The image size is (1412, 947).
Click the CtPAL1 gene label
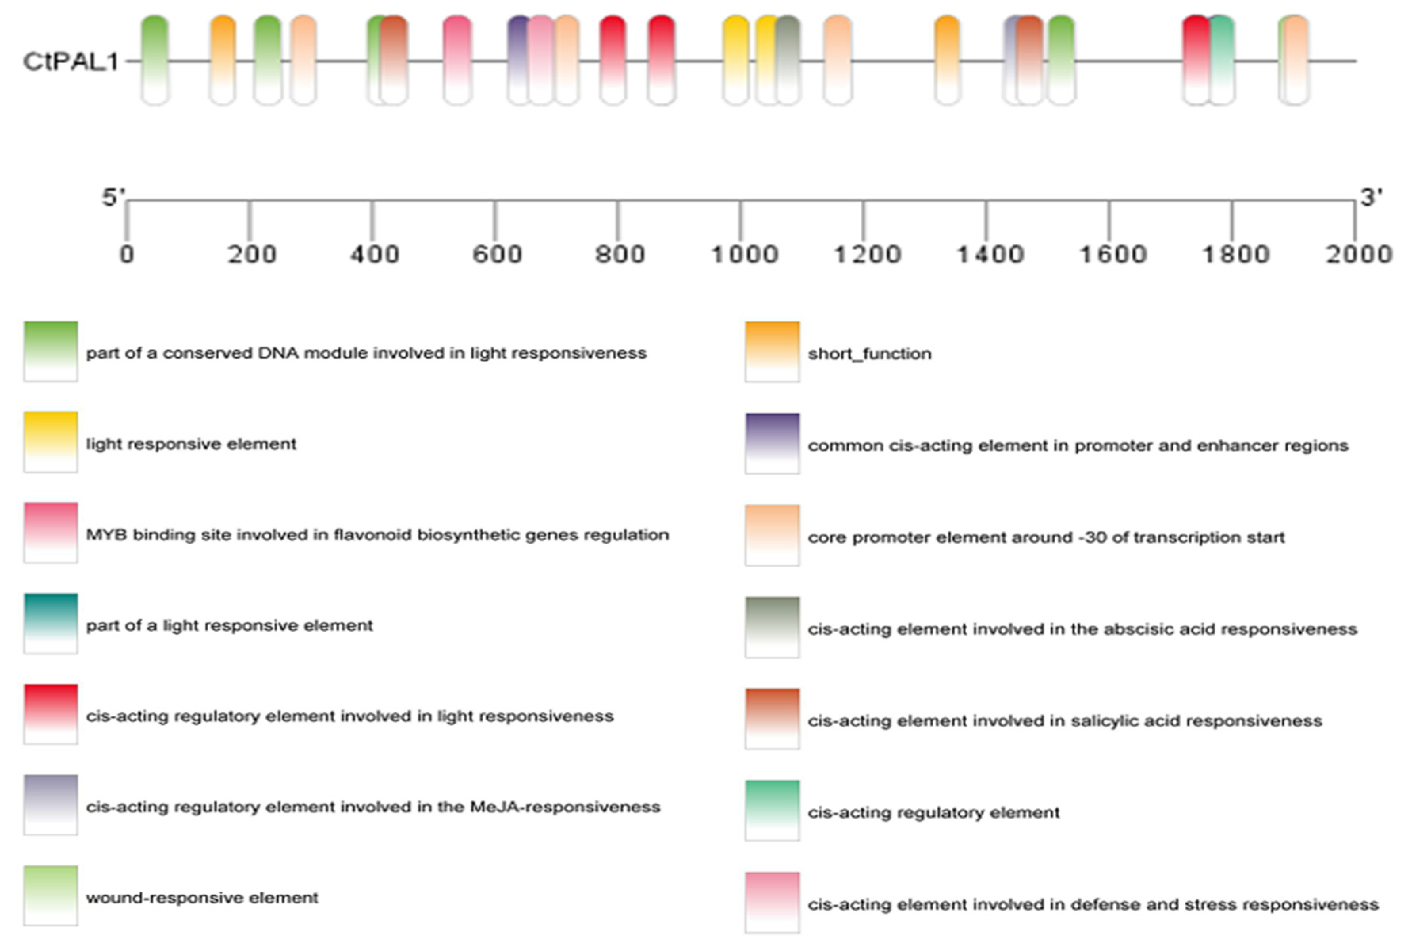[x=70, y=61]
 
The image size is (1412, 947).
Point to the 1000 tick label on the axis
[x=744, y=254]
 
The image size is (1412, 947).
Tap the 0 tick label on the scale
[x=126, y=254]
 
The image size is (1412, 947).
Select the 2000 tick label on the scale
[x=1358, y=254]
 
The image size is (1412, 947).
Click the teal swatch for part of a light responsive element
[x=51, y=623]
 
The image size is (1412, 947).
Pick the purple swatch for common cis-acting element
[x=772, y=443]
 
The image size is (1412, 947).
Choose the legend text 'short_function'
[x=869, y=353]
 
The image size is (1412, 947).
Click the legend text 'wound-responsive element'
[x=202, y=897]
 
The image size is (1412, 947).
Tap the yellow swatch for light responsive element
[x=51, y=441]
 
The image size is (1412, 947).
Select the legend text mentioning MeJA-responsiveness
[x=373, y=807]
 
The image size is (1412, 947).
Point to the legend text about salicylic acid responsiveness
[x=1064, y=720]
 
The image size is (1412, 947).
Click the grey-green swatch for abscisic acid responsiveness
[x=772, y=627]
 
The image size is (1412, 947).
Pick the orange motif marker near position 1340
[x=947, y=60]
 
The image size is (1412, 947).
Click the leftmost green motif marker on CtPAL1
[x=155, y=60]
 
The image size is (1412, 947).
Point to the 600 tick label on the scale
[x=496, y=254]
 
